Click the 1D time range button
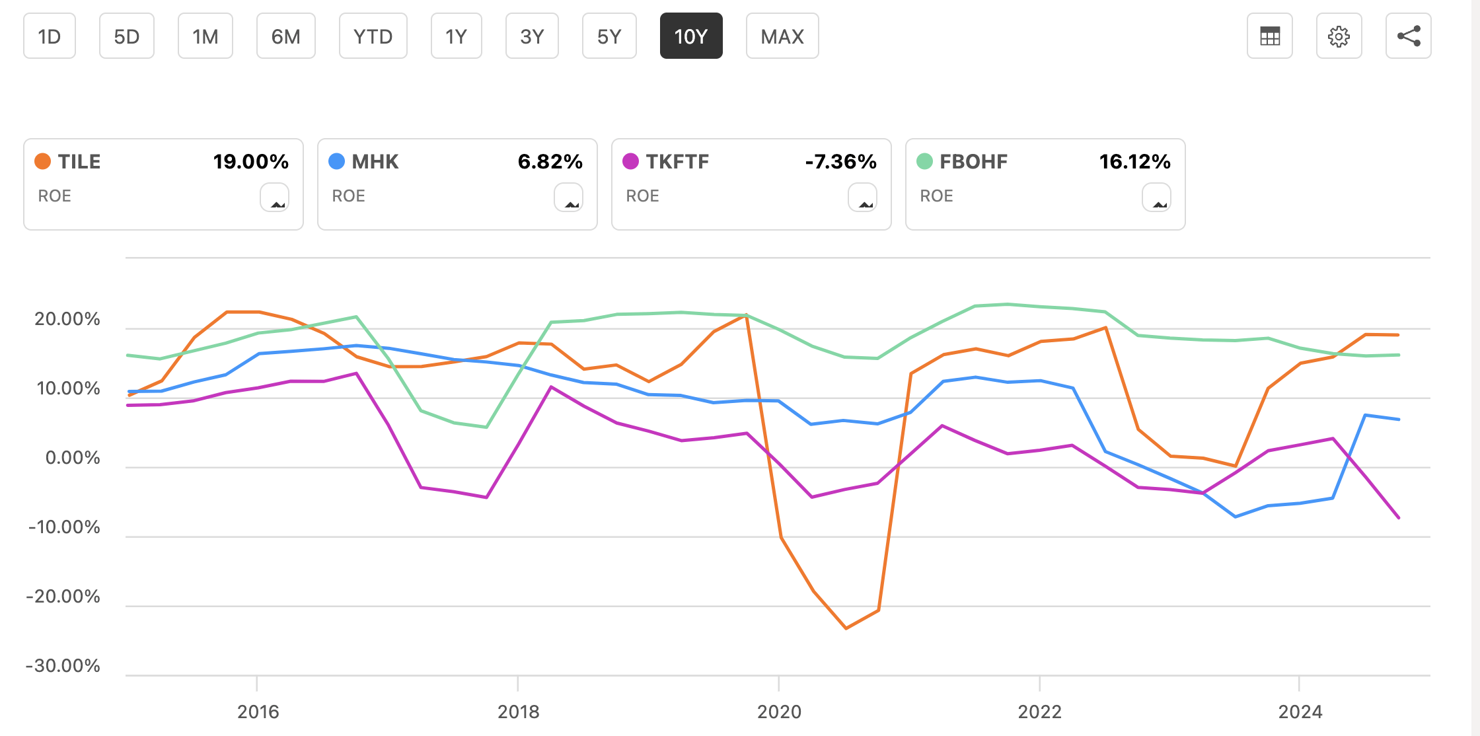50,36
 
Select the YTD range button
373,36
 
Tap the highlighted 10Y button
691,36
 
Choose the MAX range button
782,36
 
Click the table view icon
1269,36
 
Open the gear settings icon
1339,36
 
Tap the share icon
1408,36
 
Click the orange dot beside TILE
43,161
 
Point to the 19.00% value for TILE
250,161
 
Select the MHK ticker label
375,161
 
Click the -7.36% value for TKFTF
840,161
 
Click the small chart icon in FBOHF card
1156,198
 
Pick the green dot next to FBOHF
924,161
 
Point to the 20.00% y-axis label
67,319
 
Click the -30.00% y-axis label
63,665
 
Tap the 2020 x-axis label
779,712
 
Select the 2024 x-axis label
1300,712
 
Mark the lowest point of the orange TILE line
846,628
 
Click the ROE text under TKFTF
642,196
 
